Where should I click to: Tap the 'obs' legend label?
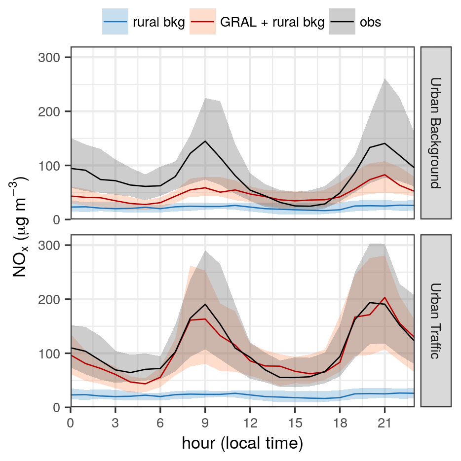pyautogui.click(x=370, y=22)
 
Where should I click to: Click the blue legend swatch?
pyautogui.click(x=115, y=22)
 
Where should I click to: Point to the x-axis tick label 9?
pyautogui.click(x=205, y=424)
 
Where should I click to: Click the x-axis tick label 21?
pyautogui.click(x=384, y=424)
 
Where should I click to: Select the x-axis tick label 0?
pyautogui.click(x=71, y=424)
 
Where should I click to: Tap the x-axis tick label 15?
pyautogui.click(x=295, y=424)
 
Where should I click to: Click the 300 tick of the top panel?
pyautogui.click(x=48, y=58)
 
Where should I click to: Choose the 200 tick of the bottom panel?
pyautogui.click(x=48, y=299)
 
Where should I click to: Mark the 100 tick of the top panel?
pyautogui.click(x=48, y=166)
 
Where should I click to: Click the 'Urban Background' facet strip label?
pyautogui.click(x=435, y=133)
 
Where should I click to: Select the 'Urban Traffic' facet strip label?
pyautogui.click(x=435, y=321)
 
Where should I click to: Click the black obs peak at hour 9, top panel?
pyautogui.click(x=205, y=141)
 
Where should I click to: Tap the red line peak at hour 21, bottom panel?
pyautogui.click(x=384, y=298)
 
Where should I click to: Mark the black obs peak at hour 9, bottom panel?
pyautogui.click(x=205, y=304)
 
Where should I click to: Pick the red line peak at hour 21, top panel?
pyautogui.click(x=384, y=175)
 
